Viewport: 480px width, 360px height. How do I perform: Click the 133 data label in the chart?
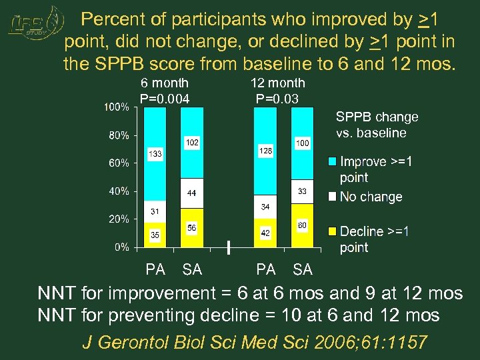tap(155, 154)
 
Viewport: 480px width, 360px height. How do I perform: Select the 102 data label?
tap(192, 143)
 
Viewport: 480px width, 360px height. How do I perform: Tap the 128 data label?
tap(265, 151)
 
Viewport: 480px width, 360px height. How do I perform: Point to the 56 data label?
tap(192, 227)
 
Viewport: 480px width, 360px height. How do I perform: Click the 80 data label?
tap(302, 226)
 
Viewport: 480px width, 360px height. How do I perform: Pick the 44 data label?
tap(192, 193)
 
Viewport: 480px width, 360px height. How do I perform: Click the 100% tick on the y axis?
tap(115, 107)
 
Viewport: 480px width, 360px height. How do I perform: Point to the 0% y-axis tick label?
tap(121, 247)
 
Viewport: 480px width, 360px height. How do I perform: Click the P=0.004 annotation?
tap(165, 99)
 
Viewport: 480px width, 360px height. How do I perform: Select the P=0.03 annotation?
tap(277, 99)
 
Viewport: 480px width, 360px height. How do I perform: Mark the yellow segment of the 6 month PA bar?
tap(155, 235)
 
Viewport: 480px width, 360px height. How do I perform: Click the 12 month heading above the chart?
tap(277, 83)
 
